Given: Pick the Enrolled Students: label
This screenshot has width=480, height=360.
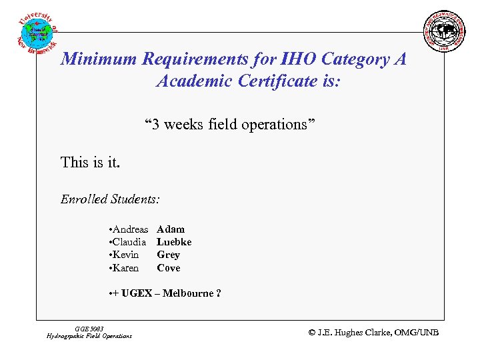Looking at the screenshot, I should [110, 199].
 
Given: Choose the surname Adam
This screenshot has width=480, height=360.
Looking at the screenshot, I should [171, 229].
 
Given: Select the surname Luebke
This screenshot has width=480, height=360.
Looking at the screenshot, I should [174, 242].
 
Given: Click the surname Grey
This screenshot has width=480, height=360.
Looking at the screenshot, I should [168, 255].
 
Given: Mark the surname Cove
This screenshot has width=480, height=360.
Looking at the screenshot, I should [168, 268].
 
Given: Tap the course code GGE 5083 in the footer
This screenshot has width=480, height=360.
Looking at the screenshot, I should [90, 329].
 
